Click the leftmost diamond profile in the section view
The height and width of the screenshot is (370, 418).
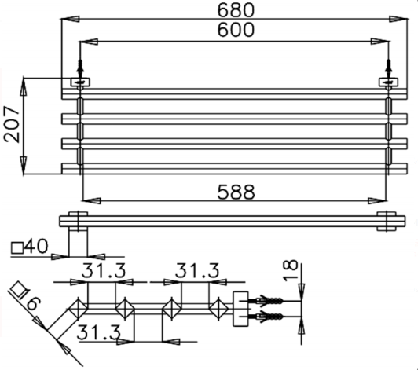[x=79, y=307]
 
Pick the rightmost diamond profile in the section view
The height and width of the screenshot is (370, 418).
[x=218, y=307]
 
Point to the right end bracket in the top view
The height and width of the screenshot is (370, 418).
[x=387, y=222]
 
